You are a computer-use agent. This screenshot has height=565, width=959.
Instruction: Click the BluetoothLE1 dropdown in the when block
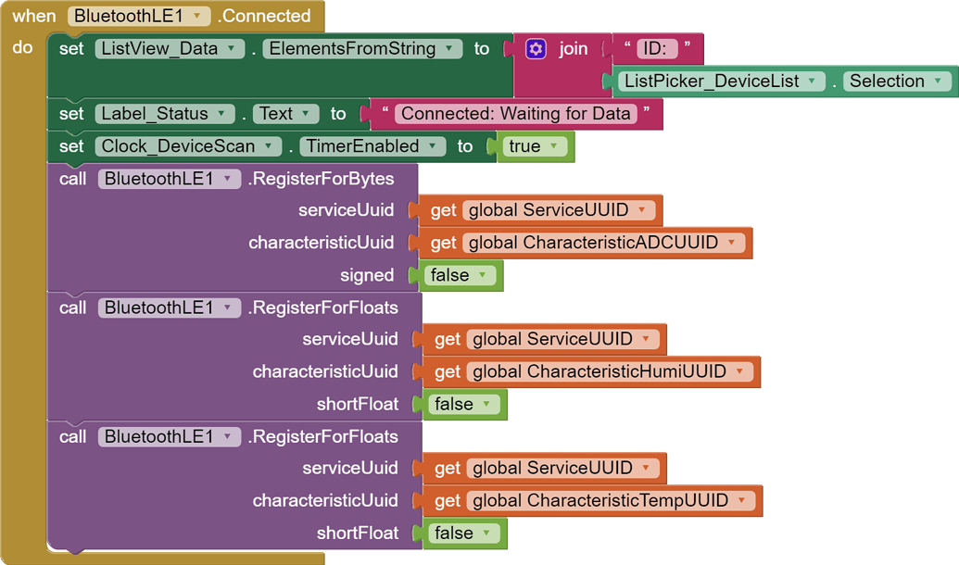point(139,16)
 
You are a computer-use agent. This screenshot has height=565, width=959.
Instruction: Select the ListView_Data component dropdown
point(170,48)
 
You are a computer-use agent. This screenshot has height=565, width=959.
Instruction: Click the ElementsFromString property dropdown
point(362,48)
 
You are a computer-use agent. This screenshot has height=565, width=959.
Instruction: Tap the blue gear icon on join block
point(536,48)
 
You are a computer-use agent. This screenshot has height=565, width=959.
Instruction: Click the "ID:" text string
point(657,48)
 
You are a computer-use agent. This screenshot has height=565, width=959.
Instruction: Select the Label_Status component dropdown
point(165,113)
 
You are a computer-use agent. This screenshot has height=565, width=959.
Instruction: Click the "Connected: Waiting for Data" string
point(516,113)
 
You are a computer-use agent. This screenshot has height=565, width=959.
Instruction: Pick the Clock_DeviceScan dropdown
point(188,145)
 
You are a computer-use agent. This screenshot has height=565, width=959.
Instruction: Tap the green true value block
point(535,145)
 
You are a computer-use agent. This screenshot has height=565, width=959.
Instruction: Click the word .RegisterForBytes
point(321,179)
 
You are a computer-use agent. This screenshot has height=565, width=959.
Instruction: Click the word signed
point(367,275)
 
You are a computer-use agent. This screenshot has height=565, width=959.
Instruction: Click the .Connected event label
point(264,16)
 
